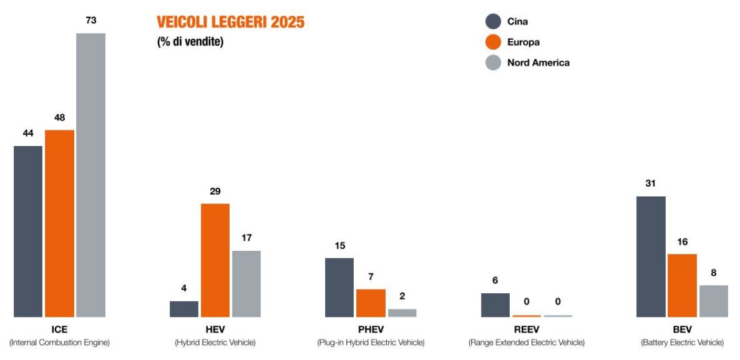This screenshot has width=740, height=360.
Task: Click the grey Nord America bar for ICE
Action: pos(90,175)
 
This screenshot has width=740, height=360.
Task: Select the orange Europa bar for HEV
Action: pos(215,260)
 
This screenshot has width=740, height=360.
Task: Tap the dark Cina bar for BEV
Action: pos(651,256)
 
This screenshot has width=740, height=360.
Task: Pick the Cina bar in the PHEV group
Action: pos(339,287)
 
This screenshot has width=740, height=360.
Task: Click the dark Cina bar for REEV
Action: pos(495,304)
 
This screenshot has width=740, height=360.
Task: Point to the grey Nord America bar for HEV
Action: pos(246,284)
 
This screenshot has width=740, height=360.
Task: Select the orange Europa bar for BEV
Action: pos(682,285)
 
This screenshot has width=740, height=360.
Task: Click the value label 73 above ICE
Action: pos(90,21)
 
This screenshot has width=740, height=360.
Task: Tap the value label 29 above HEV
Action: pos(215,192)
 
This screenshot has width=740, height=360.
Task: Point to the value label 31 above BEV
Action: pos(651,183)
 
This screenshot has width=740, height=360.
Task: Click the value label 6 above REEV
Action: pos(495,281)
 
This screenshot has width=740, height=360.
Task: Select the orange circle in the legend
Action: pos(493,42)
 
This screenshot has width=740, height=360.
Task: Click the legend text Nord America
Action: pos(538,62)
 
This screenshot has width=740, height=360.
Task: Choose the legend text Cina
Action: pos(517,22)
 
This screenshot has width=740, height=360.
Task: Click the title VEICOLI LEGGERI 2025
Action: pos(230,23)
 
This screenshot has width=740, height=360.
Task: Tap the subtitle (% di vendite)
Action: pos(190,42)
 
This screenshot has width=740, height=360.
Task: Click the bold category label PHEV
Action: pos(371,329)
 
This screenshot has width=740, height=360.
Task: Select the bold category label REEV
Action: pos(526,329)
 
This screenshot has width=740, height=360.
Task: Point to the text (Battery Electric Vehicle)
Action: pos(682,343)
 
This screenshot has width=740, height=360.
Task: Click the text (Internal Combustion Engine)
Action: pos(59,343)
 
